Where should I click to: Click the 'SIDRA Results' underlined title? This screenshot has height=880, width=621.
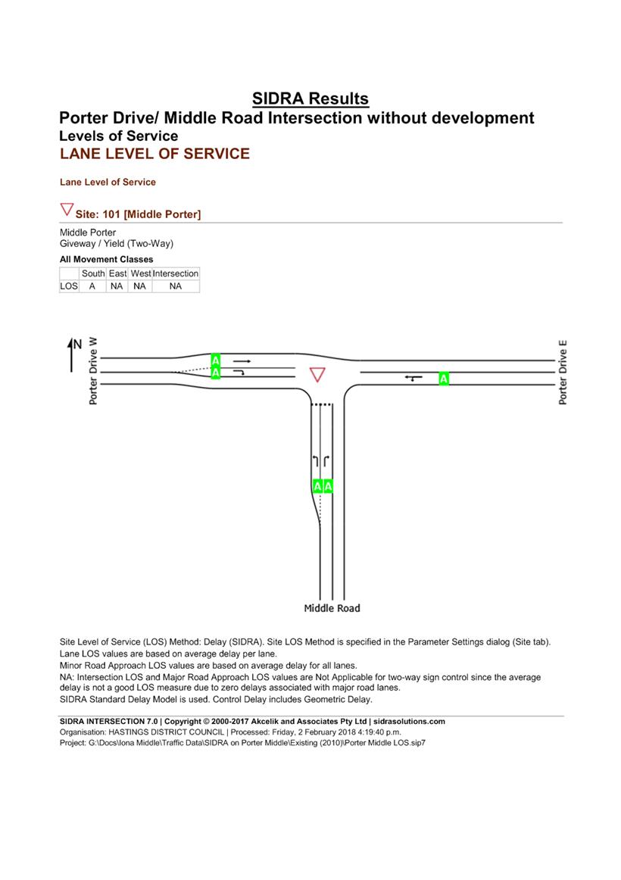pos(310,98)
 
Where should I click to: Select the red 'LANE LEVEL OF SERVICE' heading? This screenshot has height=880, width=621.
pos(154,154)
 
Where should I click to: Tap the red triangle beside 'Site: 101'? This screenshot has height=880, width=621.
pos(67,210)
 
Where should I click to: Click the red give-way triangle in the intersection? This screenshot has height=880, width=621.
pos(317,375)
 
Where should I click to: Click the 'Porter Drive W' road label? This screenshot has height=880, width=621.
pos(93,371)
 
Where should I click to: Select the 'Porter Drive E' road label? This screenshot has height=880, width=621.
pos(563,373)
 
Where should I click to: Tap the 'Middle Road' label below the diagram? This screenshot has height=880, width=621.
pos(332,608)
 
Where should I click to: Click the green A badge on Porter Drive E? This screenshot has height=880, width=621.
pos(444,378)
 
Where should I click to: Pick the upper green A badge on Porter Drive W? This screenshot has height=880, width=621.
pos(216,360)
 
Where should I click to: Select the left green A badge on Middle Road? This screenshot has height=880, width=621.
pos(317,486)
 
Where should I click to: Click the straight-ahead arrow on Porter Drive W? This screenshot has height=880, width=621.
pos(242,361)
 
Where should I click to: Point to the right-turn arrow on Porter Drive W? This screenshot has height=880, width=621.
pos(240,373)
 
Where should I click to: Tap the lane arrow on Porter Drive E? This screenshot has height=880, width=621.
pos(413,377)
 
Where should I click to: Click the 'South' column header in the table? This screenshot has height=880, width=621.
pos(93,273)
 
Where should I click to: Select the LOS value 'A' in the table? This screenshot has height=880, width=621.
pos(93,286)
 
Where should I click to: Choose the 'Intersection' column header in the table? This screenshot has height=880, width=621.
pos(176,273)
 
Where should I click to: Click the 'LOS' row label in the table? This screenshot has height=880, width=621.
pos(69,286)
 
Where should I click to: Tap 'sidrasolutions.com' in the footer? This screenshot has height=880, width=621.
pos(409,722)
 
